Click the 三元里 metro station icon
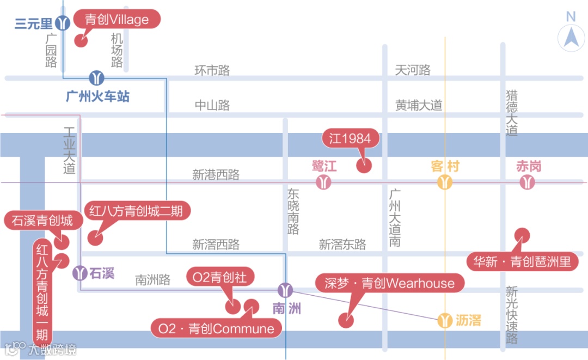tap(64, 23)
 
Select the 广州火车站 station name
tap(98, 97)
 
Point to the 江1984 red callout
tap(350, 138)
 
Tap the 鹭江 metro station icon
tap(324, 182)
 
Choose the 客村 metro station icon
tap(445, 182)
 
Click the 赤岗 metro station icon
tap(527, 182)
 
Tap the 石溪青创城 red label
tap(39, 221)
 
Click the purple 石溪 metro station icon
tap(81, 272)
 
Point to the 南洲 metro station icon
tap(285, 290)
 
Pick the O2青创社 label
tap(220, 277)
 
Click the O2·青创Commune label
tap(216, 328)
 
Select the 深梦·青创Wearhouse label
tap(389, 283)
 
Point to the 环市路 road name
tap(212, 71)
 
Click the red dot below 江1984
tap(363, 165)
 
